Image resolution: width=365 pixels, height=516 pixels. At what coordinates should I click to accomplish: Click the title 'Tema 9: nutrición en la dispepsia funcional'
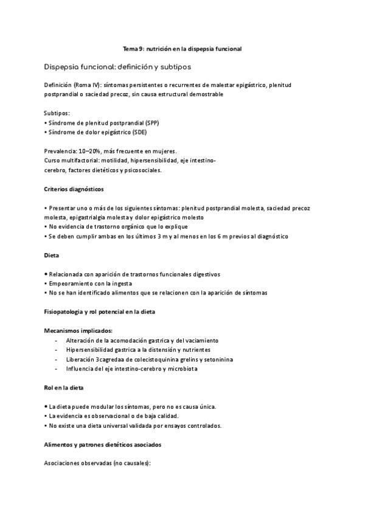pos(182,49)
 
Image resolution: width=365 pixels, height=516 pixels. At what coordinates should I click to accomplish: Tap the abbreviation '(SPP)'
pos(152,122)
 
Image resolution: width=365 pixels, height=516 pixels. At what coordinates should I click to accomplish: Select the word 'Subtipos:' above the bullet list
pos(57,113)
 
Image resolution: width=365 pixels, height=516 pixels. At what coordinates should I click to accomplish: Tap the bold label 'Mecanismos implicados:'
pos(78,330)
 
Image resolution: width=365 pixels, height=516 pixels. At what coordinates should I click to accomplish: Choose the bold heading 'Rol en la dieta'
pos(64,387)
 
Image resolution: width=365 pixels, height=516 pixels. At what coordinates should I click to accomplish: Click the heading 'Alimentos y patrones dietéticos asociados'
pos(102,445)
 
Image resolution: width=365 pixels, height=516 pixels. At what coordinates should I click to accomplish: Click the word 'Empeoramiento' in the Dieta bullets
pos(72,283)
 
